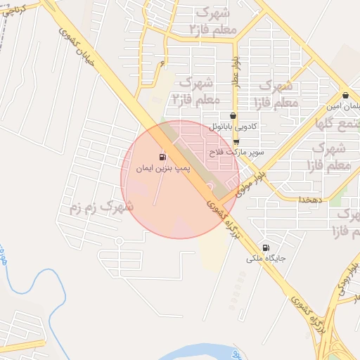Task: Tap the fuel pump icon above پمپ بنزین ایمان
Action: point(163,156)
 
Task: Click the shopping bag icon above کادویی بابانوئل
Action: point(233,116)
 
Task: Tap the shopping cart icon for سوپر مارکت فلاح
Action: point(236,141)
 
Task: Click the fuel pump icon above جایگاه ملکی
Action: point(265,247)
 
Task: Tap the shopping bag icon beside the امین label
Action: point(345,96)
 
